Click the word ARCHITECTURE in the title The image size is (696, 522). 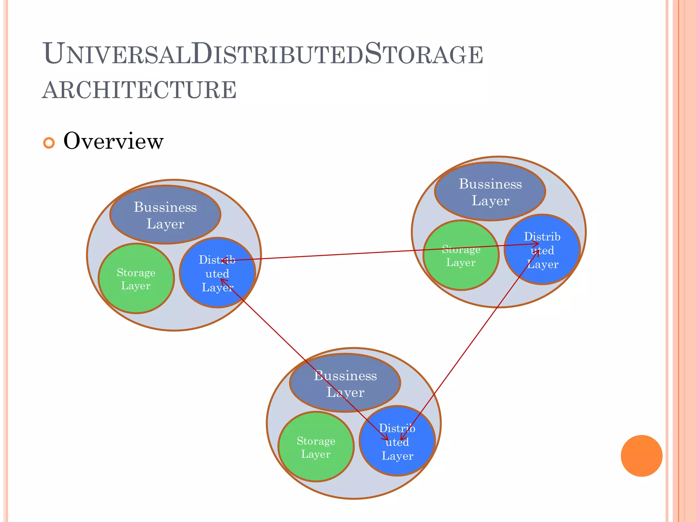(139, 90)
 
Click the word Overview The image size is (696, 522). (114, 141)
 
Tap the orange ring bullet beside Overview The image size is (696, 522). (49, 143)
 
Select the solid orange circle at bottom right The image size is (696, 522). (641, 456)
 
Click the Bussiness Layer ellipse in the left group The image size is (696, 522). (165, 215)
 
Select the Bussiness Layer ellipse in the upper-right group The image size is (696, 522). (490, 192)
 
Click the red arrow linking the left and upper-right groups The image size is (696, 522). (340, 254)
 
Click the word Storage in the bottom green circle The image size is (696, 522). (316, 441)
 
